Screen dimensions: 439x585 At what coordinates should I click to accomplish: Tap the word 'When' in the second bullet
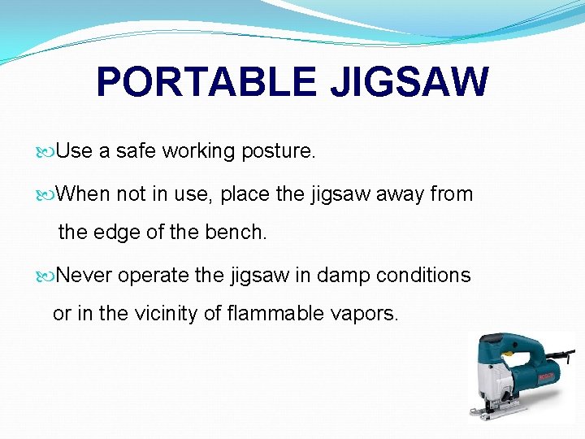click(84, 195)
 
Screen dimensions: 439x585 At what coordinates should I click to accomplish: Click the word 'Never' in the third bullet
click(85, 276)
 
